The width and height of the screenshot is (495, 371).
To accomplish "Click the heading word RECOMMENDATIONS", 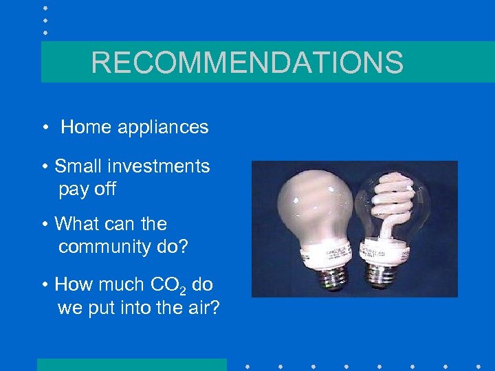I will point(247,63).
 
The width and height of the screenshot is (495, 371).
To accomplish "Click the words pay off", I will point(87,190).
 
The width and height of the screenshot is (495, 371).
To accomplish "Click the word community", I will point(106,247).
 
